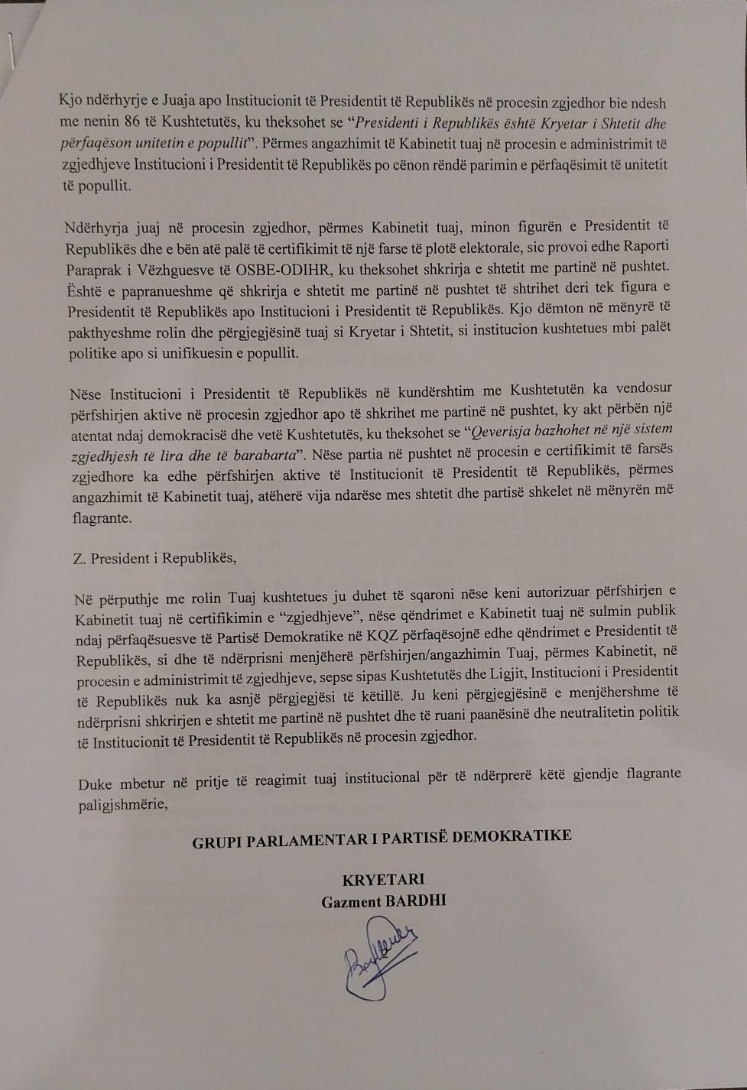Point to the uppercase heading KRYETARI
click(383, 879)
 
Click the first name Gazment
click(351, 902)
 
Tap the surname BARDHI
click(416, 900)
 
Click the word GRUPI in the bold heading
click(216, 843)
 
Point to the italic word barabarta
click(260, 456)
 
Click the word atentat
click(94, 436)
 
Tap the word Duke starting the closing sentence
click(95, 784)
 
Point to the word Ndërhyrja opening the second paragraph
click(96, 228)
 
